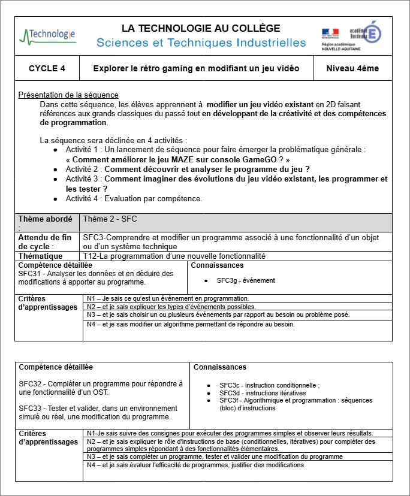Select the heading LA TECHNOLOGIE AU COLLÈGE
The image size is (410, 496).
click(201, 28)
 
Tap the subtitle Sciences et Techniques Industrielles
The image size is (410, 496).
click(201, 43)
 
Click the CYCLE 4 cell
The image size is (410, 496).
click(47, 69)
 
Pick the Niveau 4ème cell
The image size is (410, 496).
click(352, 69)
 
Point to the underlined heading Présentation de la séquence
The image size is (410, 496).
click(68, 95)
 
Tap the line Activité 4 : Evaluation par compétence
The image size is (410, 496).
click(134, 198)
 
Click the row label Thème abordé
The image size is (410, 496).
click(46, 219)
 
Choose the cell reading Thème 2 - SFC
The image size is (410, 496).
click(110, 219)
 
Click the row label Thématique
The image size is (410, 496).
click(40, 256)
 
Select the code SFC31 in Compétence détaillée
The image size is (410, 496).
click(29, 273)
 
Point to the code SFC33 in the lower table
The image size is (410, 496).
click(30, 408)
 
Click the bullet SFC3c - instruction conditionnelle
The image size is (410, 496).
click(269, 385)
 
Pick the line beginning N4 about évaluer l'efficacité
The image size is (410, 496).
click(195, 465)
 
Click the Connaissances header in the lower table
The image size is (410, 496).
click(220, 367)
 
